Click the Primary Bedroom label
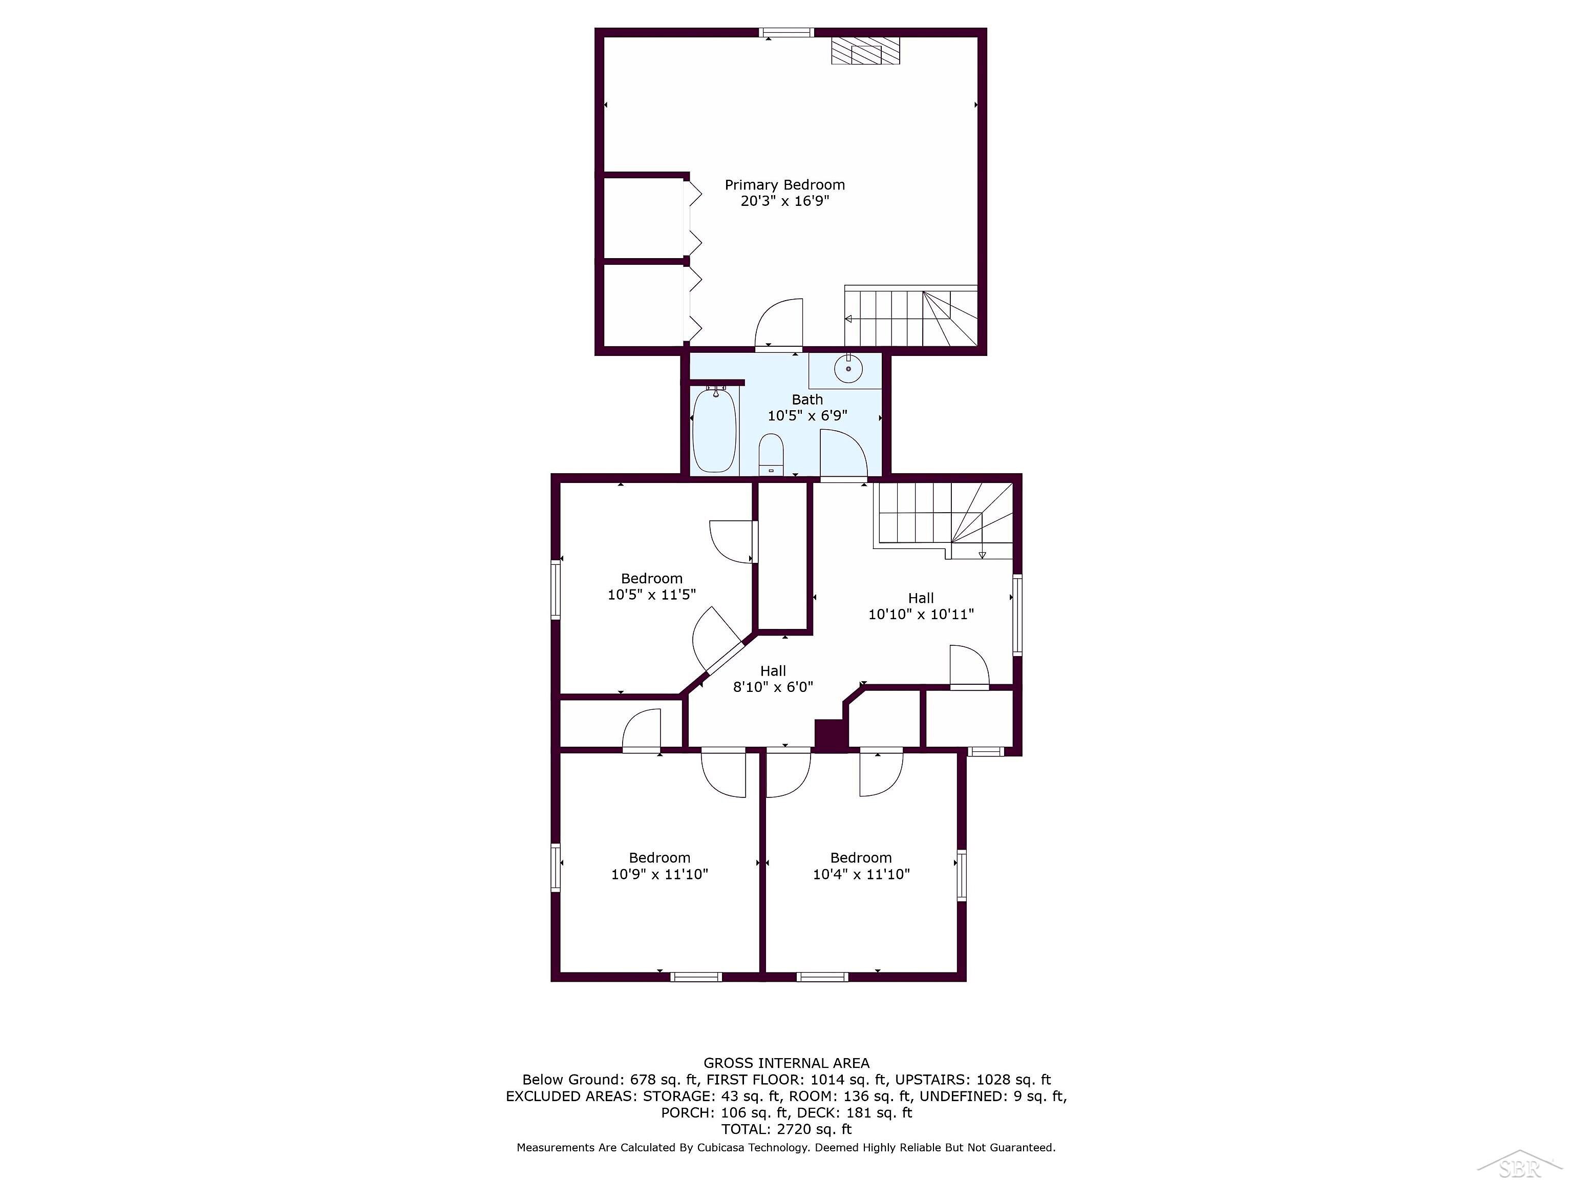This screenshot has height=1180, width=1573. [x=784, y=185]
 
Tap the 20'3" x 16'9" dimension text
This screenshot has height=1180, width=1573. [x=784, y=201]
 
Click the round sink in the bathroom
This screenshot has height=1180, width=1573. [x=847, y=368]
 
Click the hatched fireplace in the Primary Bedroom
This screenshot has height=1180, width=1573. [x=865, y=51]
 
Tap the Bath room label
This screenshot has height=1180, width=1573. [x=807, y=399]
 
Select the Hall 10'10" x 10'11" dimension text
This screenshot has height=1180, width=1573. [x=921, y=615]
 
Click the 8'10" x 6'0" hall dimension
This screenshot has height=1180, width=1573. [x=773, y=687]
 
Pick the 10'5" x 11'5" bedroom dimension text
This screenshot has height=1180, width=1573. [x=651, y=595]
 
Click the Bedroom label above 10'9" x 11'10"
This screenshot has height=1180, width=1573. [x=659, y=858]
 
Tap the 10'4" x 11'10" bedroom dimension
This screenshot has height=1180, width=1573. [x=861, y=874]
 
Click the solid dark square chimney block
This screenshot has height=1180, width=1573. [x=831, y=735]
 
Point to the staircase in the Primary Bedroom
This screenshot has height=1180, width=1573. [x=911, y=316]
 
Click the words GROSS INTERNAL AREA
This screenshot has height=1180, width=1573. [x=786, y=1063]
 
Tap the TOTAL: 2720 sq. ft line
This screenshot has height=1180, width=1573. [x=786, y=1129]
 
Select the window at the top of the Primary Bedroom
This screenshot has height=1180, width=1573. [x=786, y=32]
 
